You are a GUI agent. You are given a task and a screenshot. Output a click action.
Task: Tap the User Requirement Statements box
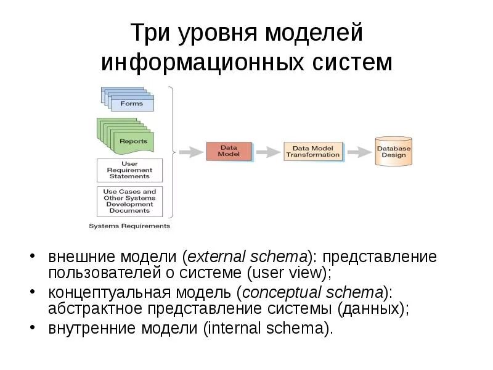click(x=129, y=169)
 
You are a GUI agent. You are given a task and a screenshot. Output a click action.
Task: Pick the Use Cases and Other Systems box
click(x=129, y=201)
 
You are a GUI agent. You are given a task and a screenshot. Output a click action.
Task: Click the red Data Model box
click(x=229, y=151)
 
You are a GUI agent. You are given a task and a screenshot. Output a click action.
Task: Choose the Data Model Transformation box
click(x=312, y=151)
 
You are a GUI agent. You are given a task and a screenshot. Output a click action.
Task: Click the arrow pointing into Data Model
click(x=191, y=151)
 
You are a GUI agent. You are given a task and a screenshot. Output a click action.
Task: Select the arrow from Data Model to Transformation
click(x=267, y=151)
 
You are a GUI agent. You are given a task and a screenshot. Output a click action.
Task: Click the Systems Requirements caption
click(x=129, y=226)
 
